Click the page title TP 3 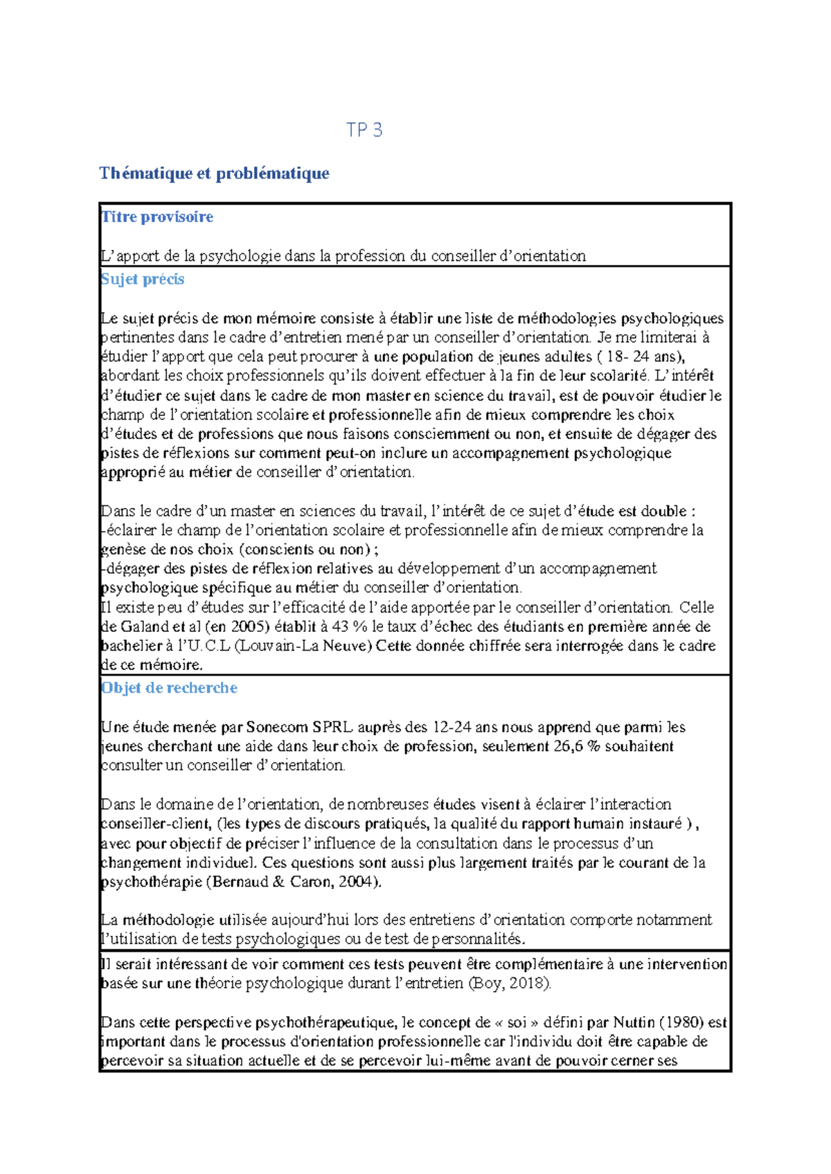[x=364, y=130]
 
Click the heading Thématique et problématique [x=214, y=173]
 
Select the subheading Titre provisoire [x=157, y=217]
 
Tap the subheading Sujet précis [x=143, y=279]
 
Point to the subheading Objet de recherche [x=169, y=687]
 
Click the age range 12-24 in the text [x=452, y=727]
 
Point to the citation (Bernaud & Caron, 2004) [x=297, y=882]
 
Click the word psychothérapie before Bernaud [x=153, y=882]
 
